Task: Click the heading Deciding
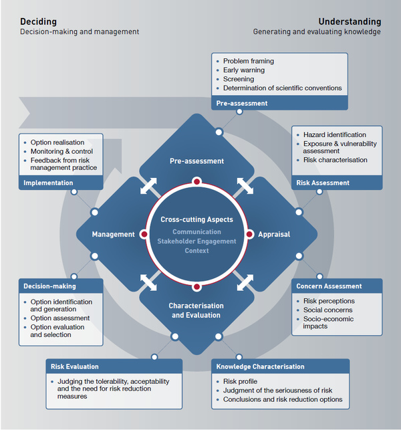click(x=38, y=21)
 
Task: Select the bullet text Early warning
click(x=244, y=70)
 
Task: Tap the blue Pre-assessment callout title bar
click(x=279, y=103)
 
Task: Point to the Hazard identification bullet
click(x=335, y=134)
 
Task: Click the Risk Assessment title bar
click(x=338, y=183)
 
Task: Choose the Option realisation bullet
click(x=57, y=142)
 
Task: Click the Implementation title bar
click(x=61, y=183)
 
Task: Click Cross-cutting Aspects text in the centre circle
click(x=196, y=219)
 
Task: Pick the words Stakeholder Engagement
click(x=196, y=241)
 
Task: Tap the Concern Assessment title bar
click(x=338, y=286)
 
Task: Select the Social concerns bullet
click(x=327, y=310)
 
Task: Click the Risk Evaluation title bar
click(x=114, y=366)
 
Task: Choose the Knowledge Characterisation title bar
click(x=281, y=366)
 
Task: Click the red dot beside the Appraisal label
click(x=250, y=234)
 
